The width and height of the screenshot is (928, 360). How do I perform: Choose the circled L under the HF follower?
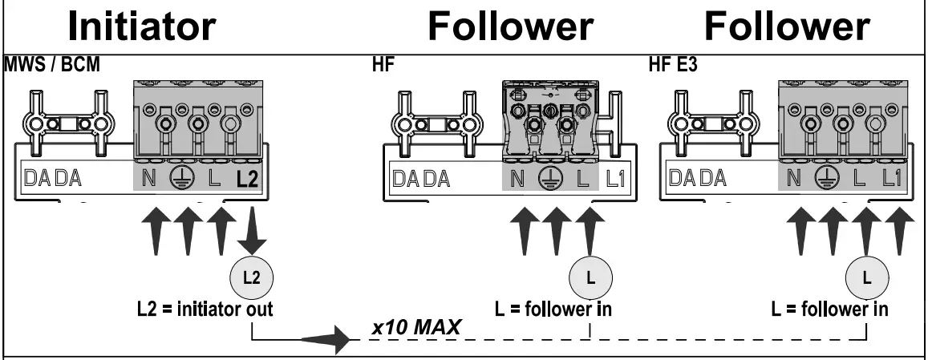point(590,278)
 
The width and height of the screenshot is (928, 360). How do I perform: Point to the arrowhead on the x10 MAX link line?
point(337,339)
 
